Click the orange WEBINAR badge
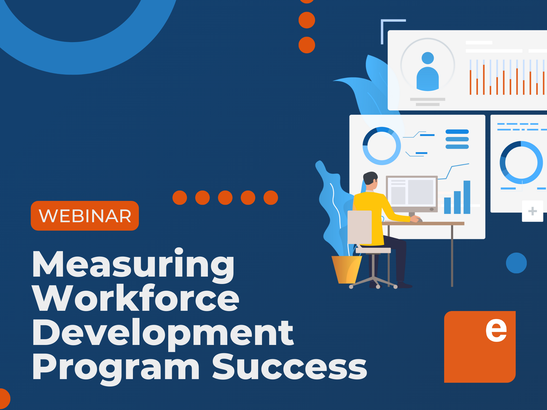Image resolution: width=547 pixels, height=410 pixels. [x=85, y=216]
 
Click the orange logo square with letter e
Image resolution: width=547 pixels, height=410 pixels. [x=480, y=347]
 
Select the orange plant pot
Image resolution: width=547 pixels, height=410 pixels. [x=346, y=270]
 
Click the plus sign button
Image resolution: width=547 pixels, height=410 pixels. [x=532, y=211]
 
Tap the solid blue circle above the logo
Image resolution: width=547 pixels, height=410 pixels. [x=516, y=263]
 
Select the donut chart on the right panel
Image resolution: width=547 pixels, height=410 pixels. [x=521, y=162]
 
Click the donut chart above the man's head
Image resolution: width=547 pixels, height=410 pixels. [x=382, y=146]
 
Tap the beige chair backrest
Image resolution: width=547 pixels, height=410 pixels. [x=359, y=227]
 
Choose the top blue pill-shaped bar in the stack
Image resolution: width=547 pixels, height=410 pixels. [x=457, y=132]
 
